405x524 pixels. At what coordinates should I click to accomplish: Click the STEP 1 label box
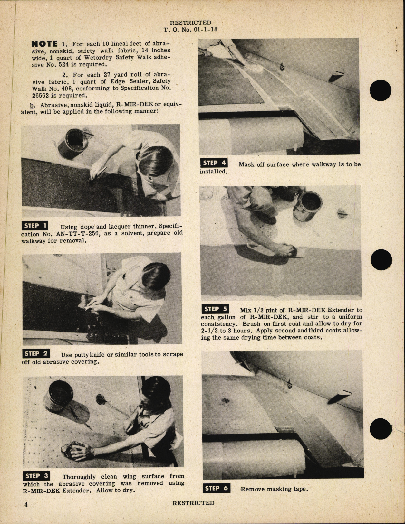pyautogui.click(x=35, y=226)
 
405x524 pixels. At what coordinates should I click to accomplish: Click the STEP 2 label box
pyautogui.click(x=36, y=354)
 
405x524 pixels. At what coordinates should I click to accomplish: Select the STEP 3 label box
pyautogui.click(x=37, y=476)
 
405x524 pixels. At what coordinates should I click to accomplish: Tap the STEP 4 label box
pyautogui.click(x=214, y=163)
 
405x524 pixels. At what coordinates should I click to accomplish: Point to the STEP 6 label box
pyautogui.click(x=216, y=488)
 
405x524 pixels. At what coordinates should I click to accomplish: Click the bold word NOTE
pyautogui.click(x=44, y=44)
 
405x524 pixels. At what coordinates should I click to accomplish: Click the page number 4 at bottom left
pyautogui.click(x=26, y=504)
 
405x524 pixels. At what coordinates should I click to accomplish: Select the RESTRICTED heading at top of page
pyautogui.click(x=190, y=23)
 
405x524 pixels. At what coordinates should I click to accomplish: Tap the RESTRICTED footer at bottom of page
pyautogui.click(x=193, y=503)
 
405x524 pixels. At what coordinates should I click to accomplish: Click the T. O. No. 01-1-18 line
pyautogui.click(x=191, y=29)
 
